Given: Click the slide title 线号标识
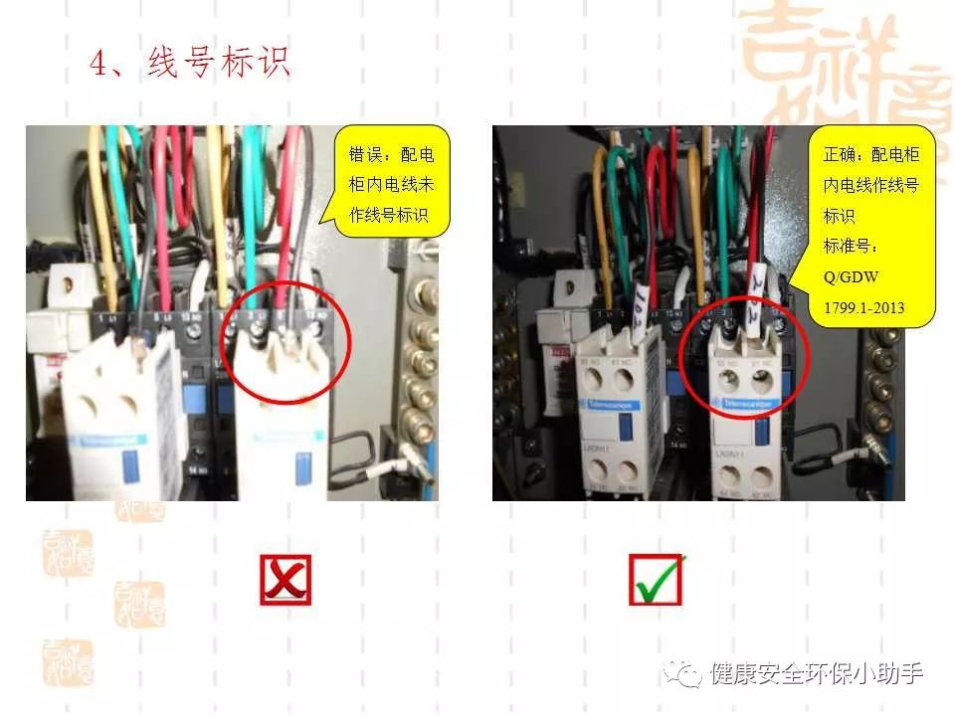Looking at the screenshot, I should (218, 63).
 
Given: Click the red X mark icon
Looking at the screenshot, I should (286, 580).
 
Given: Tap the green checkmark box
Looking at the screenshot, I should (656, 580).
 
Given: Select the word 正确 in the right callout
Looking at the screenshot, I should (839, 155).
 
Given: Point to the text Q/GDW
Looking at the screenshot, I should (849, 276).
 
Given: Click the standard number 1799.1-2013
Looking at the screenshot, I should (863, 307).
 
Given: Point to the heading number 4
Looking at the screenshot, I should (98, 63).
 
